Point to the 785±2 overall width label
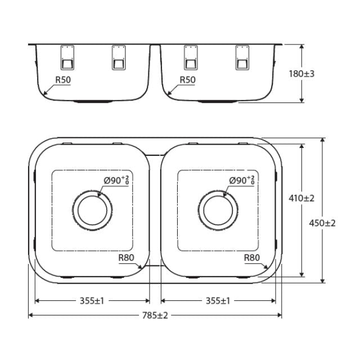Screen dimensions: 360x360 [x=155, y=316]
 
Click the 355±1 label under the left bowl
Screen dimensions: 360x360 [x=92, y=301]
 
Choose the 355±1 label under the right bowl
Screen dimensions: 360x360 [x=218, y=301]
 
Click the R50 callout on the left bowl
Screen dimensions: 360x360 [x=63, y=80]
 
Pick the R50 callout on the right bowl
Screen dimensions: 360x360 [x=187, y=80]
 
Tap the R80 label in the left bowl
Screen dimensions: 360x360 [x=126, y=258]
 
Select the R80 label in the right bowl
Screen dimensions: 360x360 [x=252, y=258]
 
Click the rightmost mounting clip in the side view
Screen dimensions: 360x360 [x=243, y=58]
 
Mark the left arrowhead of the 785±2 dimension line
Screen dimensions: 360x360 [x=30, y=316]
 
